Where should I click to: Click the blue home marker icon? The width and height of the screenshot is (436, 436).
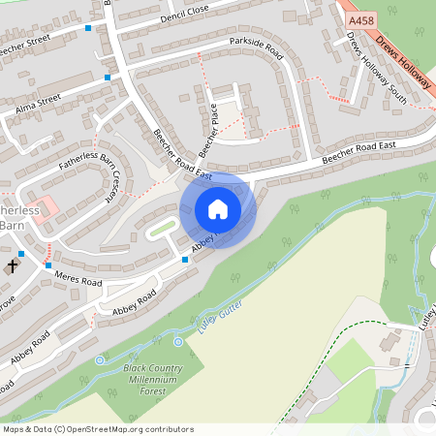(x=218, y=210)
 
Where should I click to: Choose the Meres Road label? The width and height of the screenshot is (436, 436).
(x=78, y=277)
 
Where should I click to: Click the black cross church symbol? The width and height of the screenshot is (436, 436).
(x=14, y=265)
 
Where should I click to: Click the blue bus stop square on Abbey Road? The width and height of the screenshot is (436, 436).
(x=185, y=259)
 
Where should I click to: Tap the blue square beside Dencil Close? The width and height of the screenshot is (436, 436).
(x=89, y=28)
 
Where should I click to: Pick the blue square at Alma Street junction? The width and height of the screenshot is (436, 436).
(x=108, y=77)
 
